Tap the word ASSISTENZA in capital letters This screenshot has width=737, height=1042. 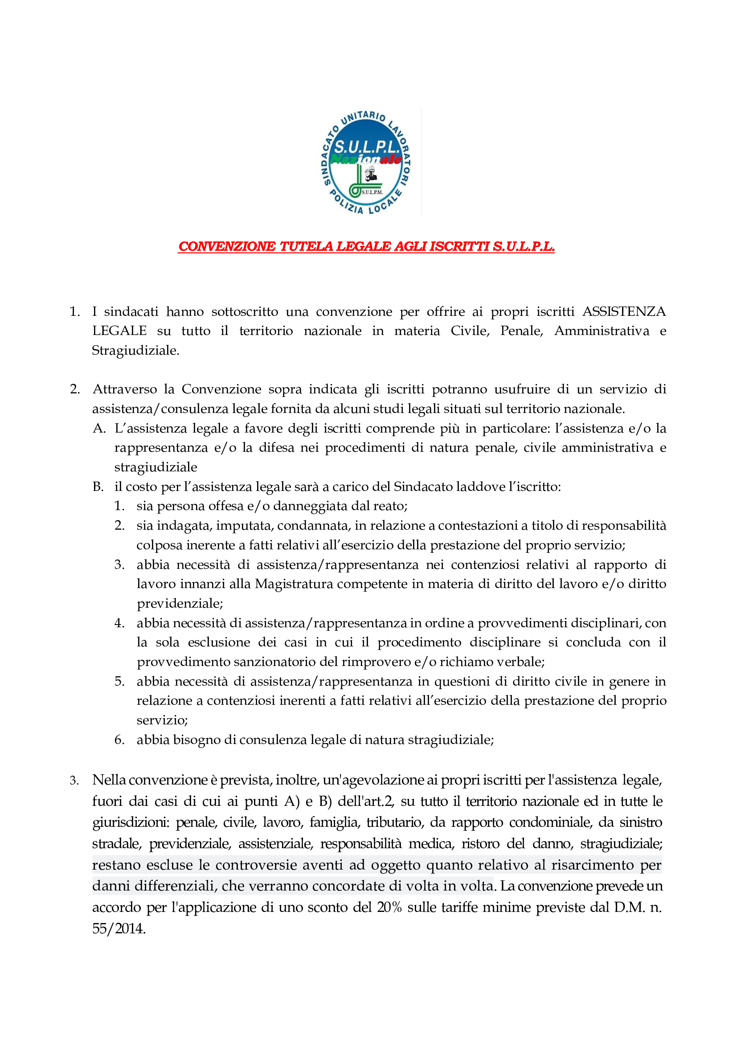coord(624,312)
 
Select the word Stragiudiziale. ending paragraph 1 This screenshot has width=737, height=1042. coord(136,350)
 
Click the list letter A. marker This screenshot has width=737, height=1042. coord(99,429)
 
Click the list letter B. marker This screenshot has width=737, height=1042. coord(98,487)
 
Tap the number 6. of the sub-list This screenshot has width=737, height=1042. coord(119,740)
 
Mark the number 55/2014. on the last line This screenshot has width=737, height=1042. coord(119,928)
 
